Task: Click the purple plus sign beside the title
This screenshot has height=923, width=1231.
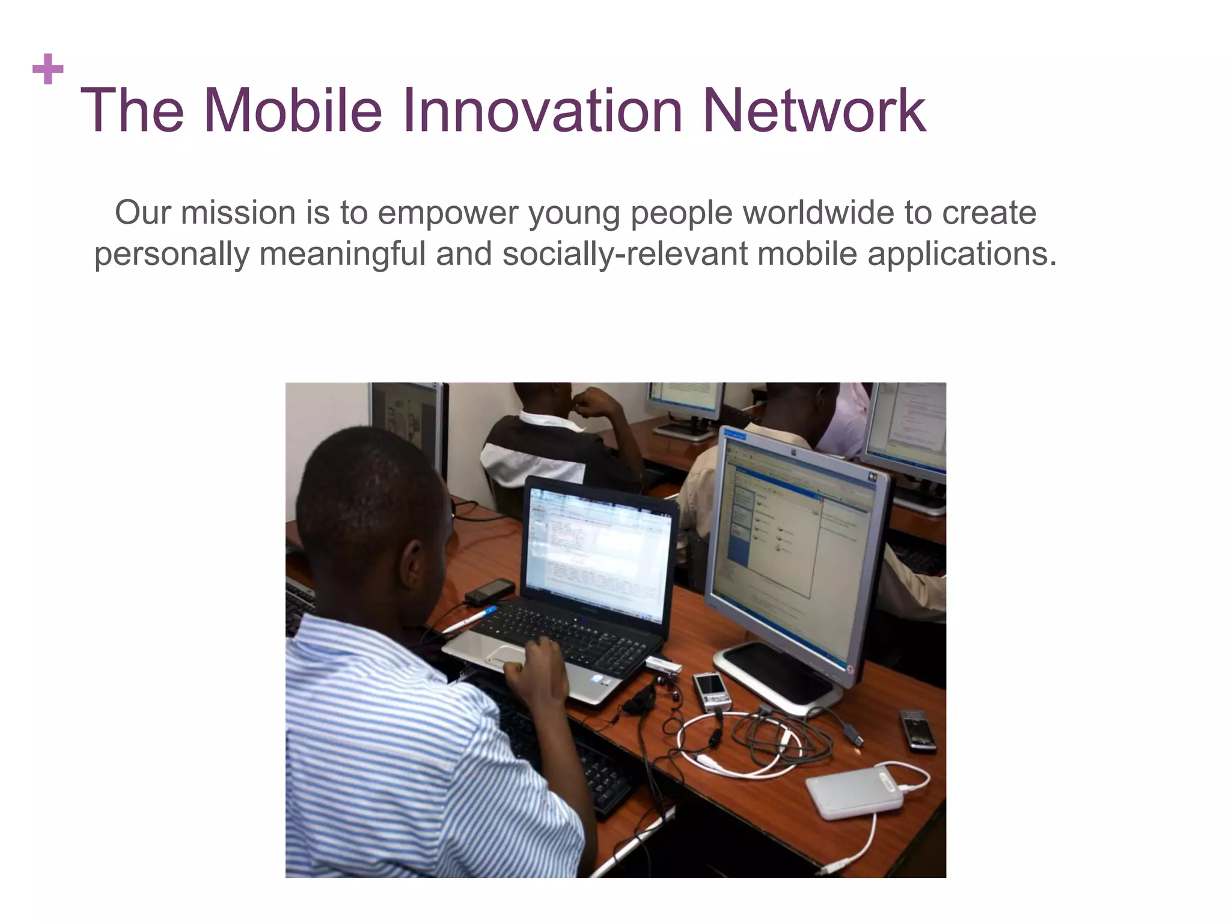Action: pos(48,69)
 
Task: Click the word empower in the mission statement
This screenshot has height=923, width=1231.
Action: pos(448,214)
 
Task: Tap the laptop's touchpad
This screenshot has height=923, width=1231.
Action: pos(509,655)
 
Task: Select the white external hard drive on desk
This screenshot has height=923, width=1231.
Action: pos(855,792)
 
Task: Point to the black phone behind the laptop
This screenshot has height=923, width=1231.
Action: pos(490,591)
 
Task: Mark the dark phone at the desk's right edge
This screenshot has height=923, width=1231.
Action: pos(917,729)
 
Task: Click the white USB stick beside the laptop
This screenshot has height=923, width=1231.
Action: pos(663,665)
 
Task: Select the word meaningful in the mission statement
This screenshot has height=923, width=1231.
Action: pos(342,254)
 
